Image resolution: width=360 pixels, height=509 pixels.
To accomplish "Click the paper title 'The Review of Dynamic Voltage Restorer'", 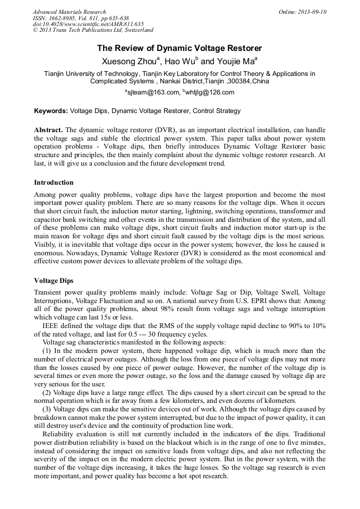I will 179,48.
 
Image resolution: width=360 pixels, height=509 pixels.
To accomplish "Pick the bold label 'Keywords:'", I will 51,111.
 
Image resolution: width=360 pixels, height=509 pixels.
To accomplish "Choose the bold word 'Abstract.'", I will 48,130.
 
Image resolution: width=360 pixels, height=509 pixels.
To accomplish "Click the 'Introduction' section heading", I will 54,183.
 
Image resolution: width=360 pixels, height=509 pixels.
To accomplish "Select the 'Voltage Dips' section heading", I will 54,280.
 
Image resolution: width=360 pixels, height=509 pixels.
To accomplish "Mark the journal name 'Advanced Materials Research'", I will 69,12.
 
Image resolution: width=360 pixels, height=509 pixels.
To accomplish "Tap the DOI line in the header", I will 88,24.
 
